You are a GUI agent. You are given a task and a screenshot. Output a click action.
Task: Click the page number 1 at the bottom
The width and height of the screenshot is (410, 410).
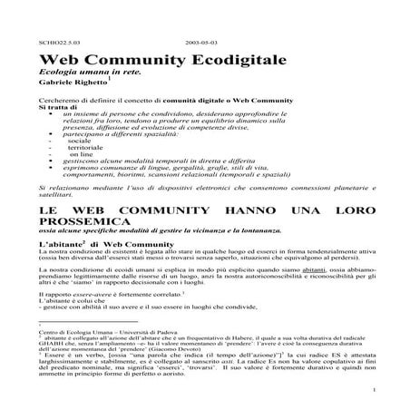tap(374, 392)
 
